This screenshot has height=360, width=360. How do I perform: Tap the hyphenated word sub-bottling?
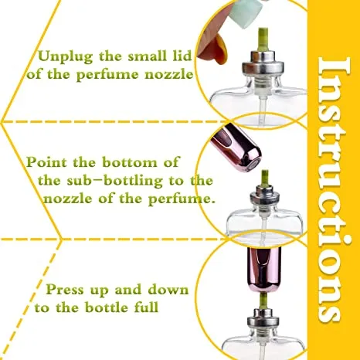pos(105,180)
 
